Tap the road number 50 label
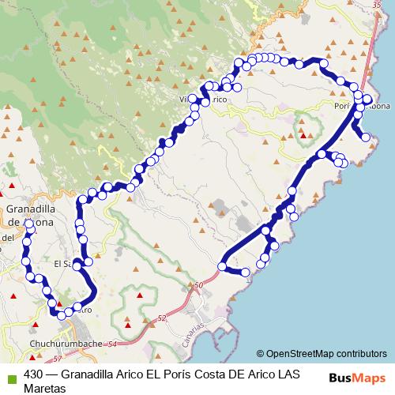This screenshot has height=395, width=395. point(197,284)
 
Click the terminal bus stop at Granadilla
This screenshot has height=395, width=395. point(28,224)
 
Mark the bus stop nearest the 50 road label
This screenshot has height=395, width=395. point(223,267)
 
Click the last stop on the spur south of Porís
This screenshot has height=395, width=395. point(366,137)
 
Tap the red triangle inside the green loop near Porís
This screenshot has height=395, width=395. point(303,135)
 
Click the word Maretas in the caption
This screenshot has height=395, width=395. point(45,388)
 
